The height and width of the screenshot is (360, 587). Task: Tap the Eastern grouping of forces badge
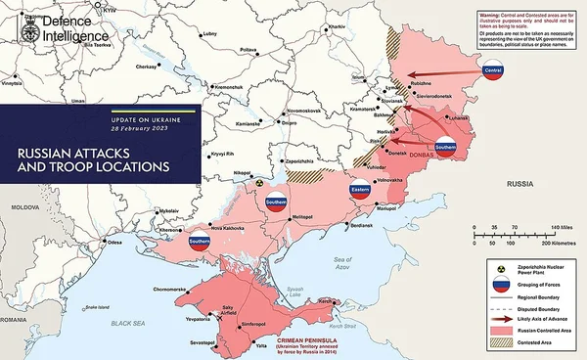point(360,190)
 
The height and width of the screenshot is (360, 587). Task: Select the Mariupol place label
point(386,209)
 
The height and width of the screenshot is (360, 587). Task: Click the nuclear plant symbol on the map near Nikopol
point(258,182)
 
